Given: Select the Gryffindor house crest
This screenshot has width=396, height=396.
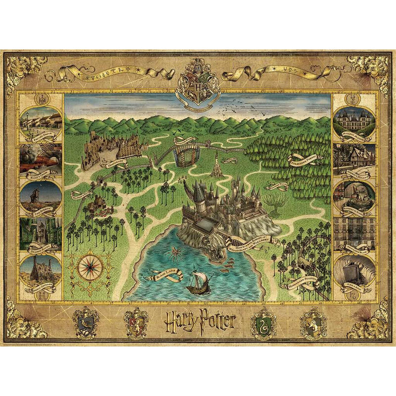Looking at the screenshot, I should [x=136, y=321].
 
